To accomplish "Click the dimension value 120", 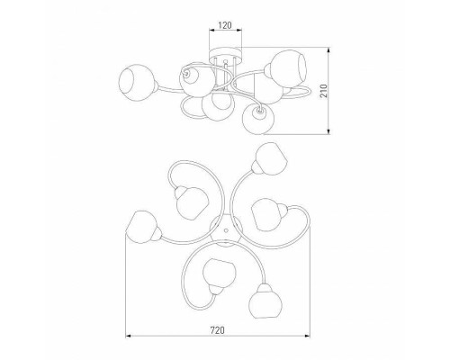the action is point(225,25).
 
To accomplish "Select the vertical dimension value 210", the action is point(324,91).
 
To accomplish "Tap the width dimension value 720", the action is point(217,330).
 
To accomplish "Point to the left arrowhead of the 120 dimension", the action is point(211,30).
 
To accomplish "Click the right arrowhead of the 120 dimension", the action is point(238,30).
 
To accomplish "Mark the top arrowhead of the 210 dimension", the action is point(329,50).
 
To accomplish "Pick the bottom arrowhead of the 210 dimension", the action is point(329,131).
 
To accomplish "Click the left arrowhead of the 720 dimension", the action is point(129,336).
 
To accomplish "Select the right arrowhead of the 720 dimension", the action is point(307,336).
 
